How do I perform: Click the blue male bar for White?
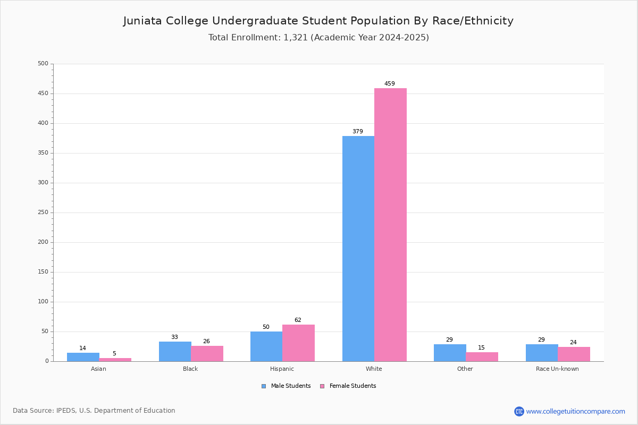358,249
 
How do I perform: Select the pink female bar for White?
390,225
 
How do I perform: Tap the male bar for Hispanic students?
266,346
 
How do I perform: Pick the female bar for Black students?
207,354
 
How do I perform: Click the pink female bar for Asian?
115,360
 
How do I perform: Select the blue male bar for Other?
450,353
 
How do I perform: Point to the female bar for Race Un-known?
574,354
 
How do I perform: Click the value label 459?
390,84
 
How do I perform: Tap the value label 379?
357,132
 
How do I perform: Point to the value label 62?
298,320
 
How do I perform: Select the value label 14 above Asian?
82,348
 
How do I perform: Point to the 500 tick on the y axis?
43,64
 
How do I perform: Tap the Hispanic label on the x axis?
282,369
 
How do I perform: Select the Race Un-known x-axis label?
557,369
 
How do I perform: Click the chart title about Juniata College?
318,21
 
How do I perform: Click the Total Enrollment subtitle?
318,38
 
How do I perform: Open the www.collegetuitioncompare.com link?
575,411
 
